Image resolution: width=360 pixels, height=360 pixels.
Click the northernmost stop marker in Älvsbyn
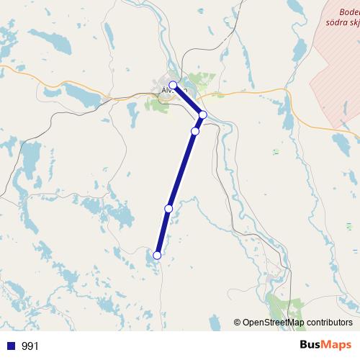[174, 85]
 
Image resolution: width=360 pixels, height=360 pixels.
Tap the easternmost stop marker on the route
[203, 114]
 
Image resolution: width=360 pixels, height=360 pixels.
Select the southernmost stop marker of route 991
[156, 255]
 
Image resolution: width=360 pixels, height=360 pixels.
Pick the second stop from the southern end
[168, 208]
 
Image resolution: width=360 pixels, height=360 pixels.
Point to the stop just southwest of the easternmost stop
[194, 131]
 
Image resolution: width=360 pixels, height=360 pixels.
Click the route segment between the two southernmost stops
[163, 231]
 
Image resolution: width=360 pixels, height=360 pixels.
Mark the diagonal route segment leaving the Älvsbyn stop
[189, 100]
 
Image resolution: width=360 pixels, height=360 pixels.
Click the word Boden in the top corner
[348, 12]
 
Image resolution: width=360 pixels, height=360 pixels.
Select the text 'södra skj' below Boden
[343, 23]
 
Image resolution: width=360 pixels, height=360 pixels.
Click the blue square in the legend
[11, 346]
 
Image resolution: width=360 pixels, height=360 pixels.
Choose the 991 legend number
[30, 346]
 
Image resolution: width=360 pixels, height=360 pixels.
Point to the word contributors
[329, 323]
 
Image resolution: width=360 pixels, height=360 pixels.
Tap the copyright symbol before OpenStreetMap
[238, 323]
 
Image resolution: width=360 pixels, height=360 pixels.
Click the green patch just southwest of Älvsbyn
[156, 106]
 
